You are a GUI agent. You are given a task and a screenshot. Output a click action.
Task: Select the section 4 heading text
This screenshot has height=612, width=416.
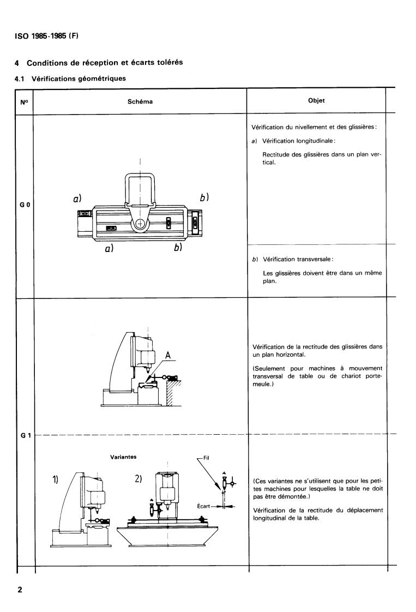[99, 62]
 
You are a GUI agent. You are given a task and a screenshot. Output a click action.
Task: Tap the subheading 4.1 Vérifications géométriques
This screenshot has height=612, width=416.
[70, 79]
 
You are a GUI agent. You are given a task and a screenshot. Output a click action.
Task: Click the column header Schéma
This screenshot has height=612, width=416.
[141, 101]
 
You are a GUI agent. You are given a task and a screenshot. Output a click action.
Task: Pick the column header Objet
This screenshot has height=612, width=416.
[317, 101]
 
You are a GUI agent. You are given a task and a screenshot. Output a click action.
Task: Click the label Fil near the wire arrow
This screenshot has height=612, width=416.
[206, 458]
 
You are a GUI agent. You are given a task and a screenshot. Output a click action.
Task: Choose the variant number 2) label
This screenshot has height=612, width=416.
[138, 479]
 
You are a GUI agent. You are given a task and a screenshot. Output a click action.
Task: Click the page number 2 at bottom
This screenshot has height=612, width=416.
[20, 590]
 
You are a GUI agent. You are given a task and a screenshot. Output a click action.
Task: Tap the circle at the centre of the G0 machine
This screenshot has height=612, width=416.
[141, 224]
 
